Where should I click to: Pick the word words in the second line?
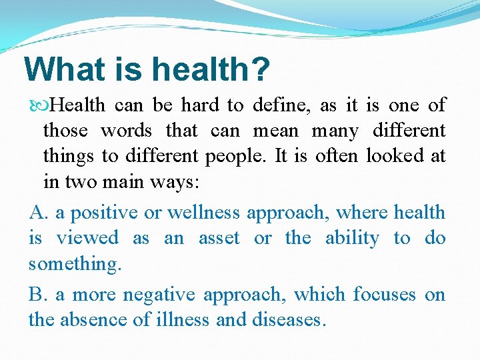coord(126,130)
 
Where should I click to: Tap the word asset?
coord(219,238)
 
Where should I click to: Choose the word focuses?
coord(385,295)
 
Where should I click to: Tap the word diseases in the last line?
coord(289,320)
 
